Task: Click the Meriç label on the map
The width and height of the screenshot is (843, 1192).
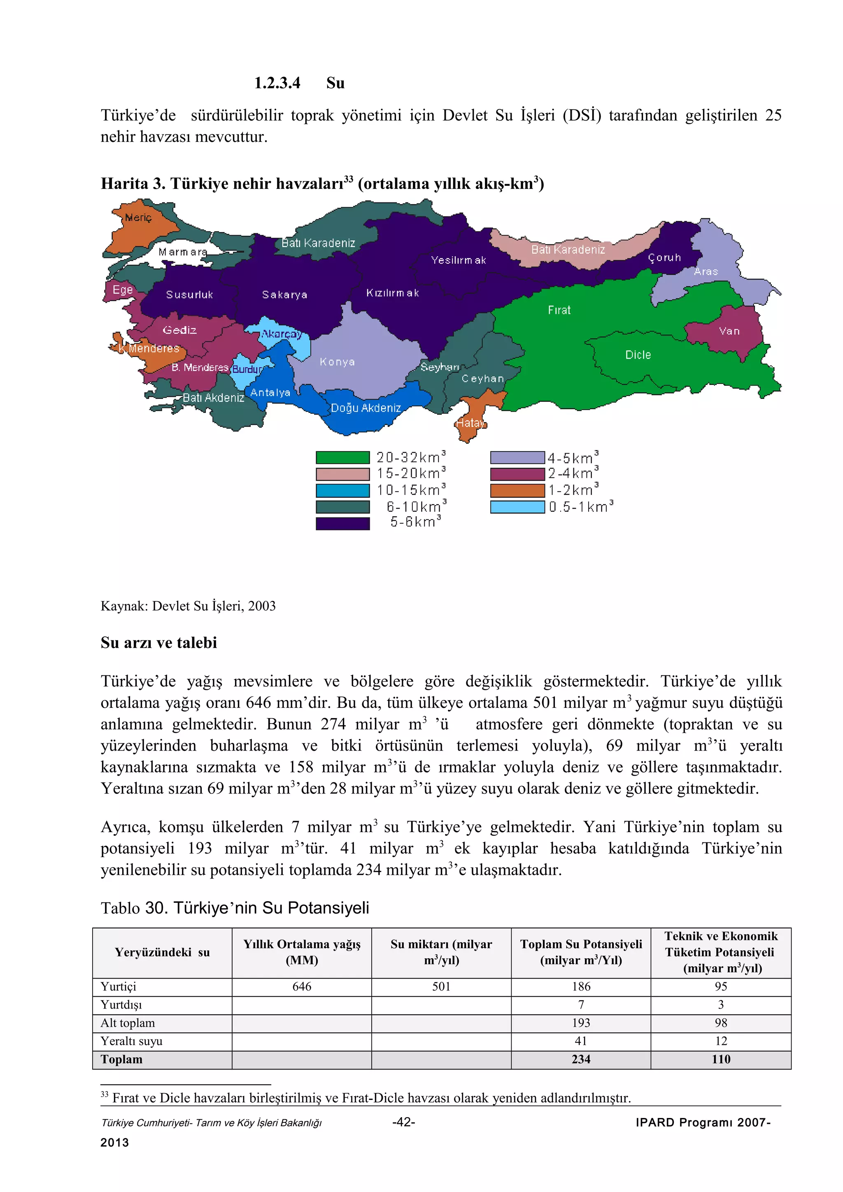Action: [x=138, y=218]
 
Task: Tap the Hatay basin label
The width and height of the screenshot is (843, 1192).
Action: [x=470, y=423]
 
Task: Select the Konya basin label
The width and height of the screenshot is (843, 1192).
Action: [x=337, y=362]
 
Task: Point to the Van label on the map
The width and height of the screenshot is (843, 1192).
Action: [x=729, y=331]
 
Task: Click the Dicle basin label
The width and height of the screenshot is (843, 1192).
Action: [x=638, y=355]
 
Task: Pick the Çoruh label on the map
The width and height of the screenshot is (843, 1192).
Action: [x=664, y=258]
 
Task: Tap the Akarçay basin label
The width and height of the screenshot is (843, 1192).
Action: [x=281, y=334]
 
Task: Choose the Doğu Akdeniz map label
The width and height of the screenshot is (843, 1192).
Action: [x=366, y=408]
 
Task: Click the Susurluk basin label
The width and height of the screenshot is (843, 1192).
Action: [x=190, y=295]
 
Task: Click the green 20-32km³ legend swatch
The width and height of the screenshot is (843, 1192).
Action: [x=343, y=457]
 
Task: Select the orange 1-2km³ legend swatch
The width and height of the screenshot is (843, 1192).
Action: [x=517, y=490]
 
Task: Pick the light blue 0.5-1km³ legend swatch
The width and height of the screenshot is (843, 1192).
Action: [x=517, y=507]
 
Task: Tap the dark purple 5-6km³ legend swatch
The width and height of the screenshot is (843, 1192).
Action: [x=343, y=523]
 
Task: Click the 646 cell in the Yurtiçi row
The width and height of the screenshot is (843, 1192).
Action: [x=302, y=986]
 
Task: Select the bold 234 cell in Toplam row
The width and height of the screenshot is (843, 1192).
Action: [x=581, y=1059]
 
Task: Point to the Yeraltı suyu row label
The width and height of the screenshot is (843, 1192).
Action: [x=131, y=1041]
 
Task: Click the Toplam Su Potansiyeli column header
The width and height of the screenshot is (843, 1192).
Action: [x=581, y=952]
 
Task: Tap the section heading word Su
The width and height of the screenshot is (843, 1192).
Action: [x=335, y=83]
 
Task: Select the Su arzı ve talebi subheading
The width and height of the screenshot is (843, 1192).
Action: [x=158, y=643]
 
